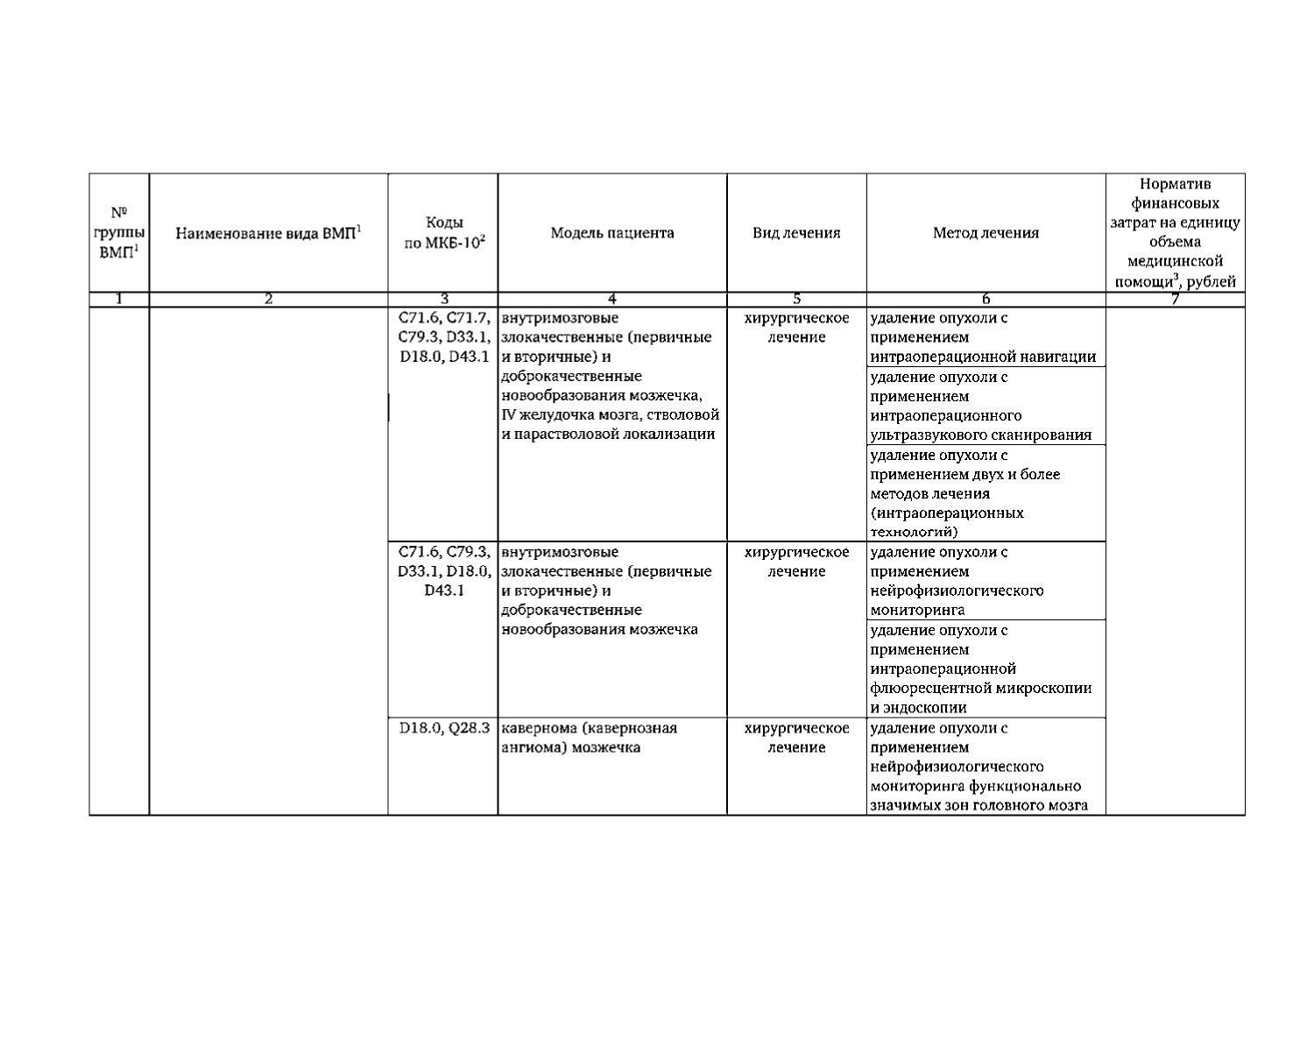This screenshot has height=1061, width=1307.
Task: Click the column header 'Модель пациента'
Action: click(x=611, y=233)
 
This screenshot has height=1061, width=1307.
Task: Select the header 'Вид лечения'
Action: click(x=796, y=233)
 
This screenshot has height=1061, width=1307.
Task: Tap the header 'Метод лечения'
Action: click(x=986, y=233)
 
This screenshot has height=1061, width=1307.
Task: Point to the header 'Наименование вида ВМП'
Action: click(x=268, y=233)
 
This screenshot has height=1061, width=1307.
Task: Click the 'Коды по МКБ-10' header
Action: click(x=443, y=233)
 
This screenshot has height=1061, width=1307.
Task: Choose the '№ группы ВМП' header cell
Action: click(x=119, y=232)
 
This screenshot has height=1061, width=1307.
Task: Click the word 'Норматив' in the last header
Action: click(x=1175, y=184)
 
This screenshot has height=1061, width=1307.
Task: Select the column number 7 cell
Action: click(x=1175, y=300)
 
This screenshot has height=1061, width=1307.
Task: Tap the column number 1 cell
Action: click(x=119, y=300)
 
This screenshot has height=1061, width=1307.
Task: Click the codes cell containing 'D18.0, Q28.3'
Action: click(x=443, y=728)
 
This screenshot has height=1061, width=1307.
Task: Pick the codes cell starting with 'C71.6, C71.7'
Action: click(x=443, y=337)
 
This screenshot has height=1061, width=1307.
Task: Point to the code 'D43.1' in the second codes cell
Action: click(x=443, y=591)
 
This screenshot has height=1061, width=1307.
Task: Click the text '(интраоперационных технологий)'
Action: click(x=946, y=522)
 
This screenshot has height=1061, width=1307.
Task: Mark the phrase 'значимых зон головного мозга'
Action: click(x=978, y=806)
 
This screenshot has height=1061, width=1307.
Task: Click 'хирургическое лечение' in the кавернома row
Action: click(x=796, y=738)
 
